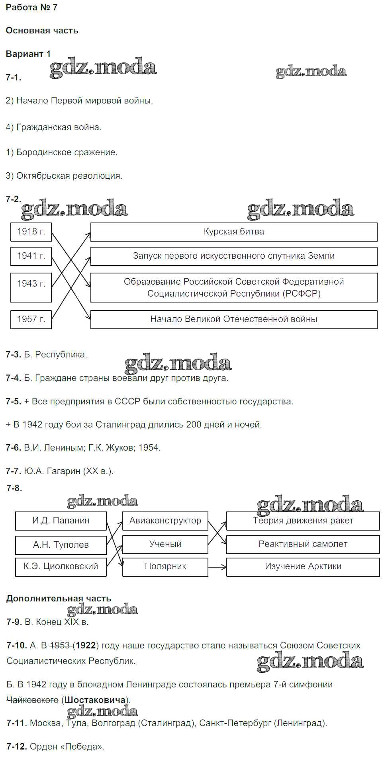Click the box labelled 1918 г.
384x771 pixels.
(31, 232)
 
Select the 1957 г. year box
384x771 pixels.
(31, 319)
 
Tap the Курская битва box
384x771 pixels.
(234, 232)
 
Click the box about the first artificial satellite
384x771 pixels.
(234, 256)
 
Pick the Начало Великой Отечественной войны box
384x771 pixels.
(234, 319)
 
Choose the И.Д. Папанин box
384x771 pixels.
(61, 521)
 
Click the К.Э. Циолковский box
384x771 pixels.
(61, 566)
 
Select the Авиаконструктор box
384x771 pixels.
(165, 521)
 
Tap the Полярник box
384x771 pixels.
(165, 566)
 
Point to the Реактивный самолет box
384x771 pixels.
(303, 544)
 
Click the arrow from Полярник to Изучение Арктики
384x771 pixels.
(217, 567)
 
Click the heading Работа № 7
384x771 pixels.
(32, 8)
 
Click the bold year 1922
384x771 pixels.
(86, 645)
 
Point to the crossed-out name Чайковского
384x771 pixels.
(33, 700)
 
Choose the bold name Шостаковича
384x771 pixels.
(95, 700)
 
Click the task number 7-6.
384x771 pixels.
(14, 448)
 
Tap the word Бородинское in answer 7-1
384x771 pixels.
(40, 152)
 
